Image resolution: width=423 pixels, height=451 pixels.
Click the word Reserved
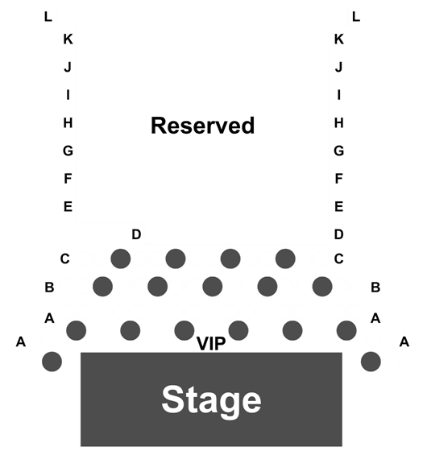202,126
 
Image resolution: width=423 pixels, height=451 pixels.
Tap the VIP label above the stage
211,343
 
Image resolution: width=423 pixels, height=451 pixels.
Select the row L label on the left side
48,17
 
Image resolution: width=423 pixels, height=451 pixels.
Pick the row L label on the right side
356,17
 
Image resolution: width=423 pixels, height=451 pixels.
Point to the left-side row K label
68,39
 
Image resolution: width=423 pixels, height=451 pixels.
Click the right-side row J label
339,67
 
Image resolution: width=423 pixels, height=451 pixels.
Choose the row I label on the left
68,95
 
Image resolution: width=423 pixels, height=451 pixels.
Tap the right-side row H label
339,122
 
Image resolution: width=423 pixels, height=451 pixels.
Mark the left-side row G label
68,151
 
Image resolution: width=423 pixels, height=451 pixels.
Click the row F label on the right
339,179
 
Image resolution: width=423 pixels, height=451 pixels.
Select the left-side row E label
68,206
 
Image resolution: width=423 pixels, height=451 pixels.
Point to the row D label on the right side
339,234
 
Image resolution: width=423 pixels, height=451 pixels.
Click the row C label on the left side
65,259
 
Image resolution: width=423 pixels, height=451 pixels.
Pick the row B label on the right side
375,287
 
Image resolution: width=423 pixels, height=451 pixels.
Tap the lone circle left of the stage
52,362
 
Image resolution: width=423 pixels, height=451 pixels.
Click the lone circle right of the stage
371,362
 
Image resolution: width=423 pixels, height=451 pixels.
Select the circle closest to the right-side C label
285,259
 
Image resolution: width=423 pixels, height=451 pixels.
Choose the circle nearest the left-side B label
103,287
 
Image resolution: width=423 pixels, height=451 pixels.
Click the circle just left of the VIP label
185,331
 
